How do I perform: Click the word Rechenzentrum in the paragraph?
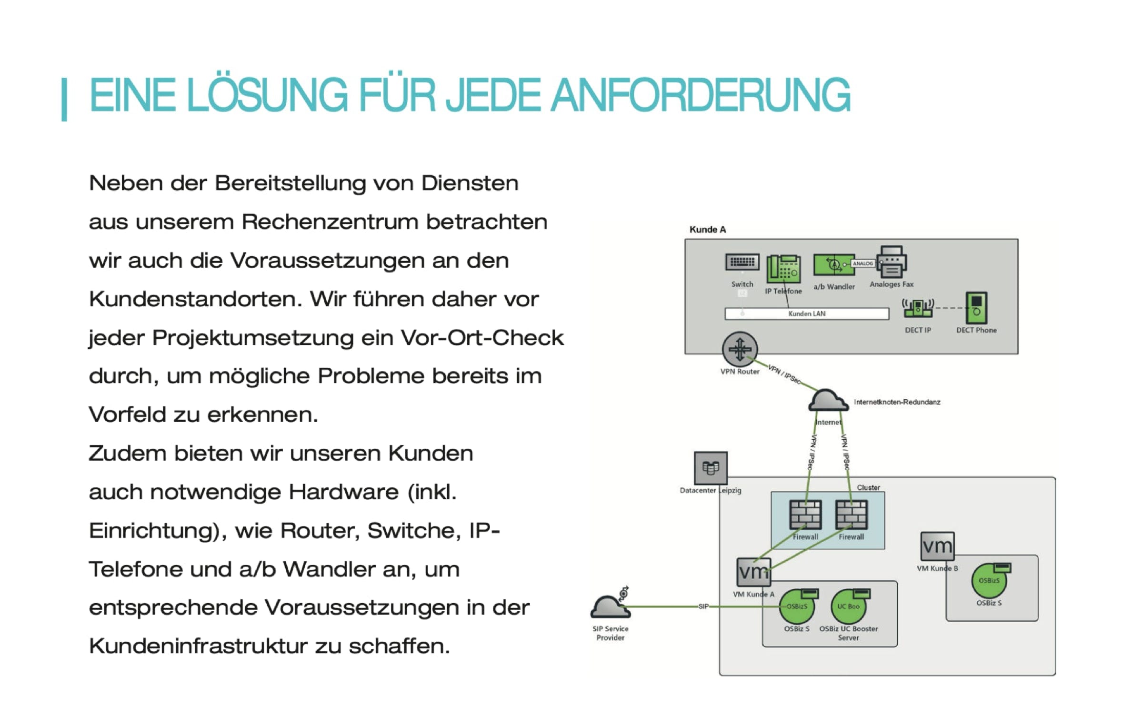(329, 222)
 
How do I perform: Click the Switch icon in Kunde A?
(742, 263)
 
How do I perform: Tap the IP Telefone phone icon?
(783, 269)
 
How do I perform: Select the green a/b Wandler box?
(834, 265)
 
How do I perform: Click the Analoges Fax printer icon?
(892, 262)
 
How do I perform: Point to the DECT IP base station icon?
(918, 308)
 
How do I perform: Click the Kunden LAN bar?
(807, 313)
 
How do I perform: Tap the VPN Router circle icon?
(740, 349)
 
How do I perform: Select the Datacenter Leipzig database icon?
(711, 468)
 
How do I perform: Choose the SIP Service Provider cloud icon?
(610, 607)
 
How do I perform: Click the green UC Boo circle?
(849, 606)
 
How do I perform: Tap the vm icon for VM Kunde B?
(937, 546)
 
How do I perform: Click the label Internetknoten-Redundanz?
(897, 402)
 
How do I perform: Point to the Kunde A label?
(708, 230)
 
